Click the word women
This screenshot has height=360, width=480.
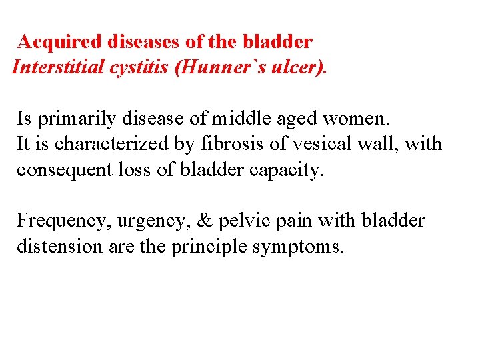click(x=359, y=119)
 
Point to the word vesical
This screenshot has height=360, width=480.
click(x=316, y=144)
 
